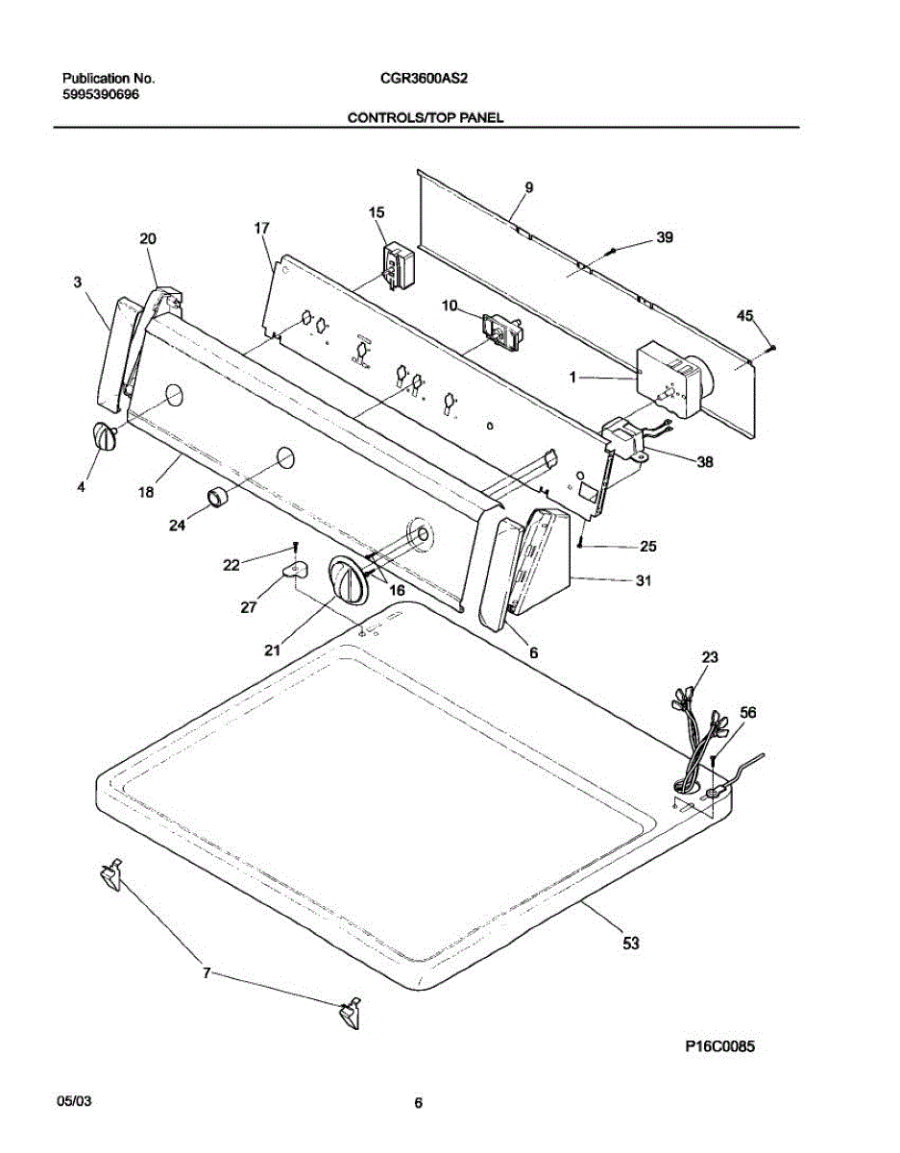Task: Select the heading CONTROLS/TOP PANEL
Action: pos(425,117)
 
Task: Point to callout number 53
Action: pos(630,944)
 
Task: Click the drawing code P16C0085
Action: pos(719,1047)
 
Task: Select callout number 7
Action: pos(206,973)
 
